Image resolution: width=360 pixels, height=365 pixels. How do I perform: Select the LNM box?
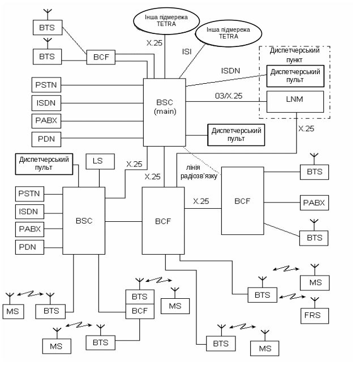coord(295,101)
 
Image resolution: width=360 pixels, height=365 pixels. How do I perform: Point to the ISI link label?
coord(187,52)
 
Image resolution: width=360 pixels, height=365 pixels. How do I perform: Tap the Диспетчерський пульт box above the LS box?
coord(44,164)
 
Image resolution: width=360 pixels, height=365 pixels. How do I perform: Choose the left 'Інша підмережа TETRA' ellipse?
coord(165,20)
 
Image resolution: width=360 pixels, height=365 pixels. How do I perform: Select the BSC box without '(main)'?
coord(83,221)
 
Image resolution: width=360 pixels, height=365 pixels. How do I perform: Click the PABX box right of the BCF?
coord(314,202)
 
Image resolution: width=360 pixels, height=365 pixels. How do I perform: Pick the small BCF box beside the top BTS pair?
coord(101,57)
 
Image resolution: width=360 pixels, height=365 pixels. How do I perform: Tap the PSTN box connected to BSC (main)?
coord(46,85)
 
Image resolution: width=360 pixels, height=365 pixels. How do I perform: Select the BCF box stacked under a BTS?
coord(139,311)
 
